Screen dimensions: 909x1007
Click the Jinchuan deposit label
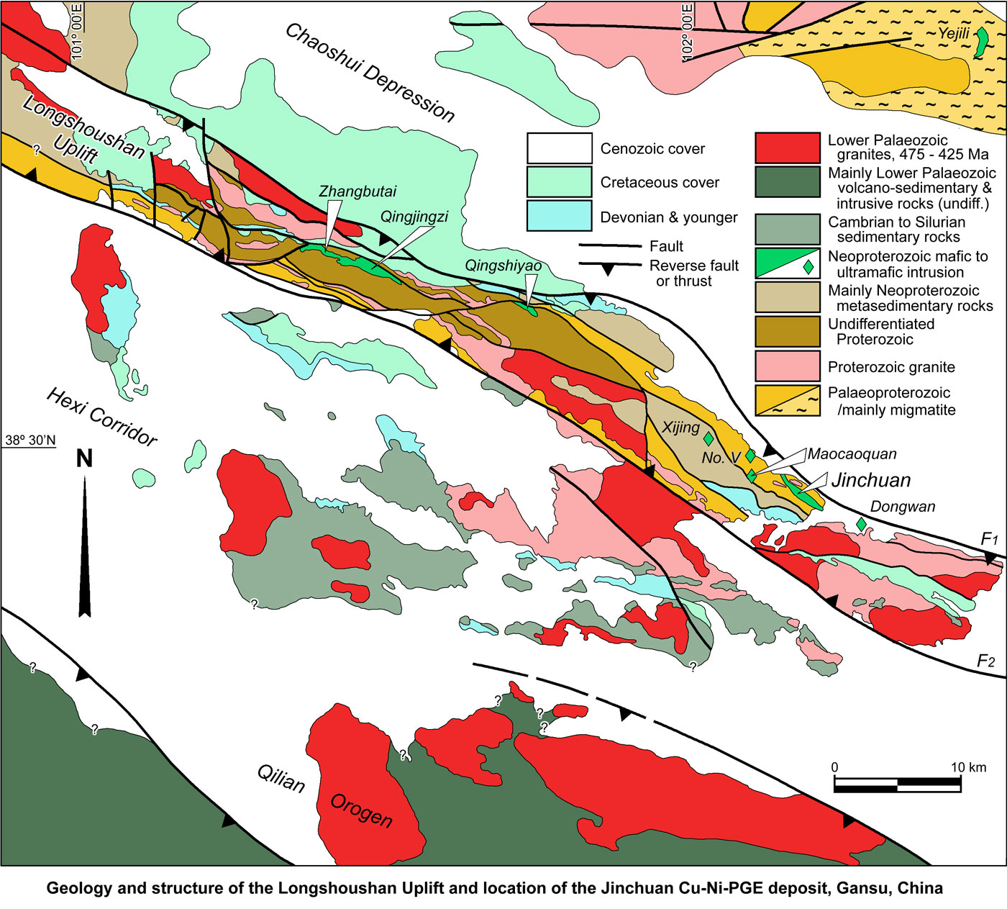870,480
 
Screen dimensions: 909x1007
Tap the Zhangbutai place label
357,191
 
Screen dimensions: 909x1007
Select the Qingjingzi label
414,217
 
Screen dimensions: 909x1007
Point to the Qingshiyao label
503,266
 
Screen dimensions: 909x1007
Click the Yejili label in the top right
953,33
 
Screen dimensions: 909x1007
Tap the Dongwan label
902,507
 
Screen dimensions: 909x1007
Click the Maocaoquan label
852,454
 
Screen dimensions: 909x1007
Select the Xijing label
680,428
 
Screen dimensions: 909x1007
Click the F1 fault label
990,539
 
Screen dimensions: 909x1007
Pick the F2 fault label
985,661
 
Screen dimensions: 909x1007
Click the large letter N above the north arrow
84,458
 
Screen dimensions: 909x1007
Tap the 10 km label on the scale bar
968,767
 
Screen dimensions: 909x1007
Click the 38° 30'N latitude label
30,440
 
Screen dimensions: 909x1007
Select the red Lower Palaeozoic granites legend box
787,148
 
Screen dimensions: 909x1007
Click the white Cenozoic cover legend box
559,148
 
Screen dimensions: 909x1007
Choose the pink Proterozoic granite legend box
787,366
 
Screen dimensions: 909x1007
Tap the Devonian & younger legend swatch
559,216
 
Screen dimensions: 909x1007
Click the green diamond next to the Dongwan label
861,525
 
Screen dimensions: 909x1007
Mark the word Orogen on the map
361,811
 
